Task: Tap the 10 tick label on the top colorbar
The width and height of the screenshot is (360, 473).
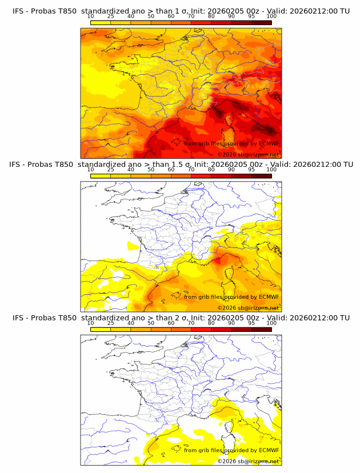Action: click(91, 17)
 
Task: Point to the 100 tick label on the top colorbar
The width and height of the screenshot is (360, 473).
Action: click(271, 17)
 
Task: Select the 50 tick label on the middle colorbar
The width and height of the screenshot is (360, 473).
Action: click(151, 170)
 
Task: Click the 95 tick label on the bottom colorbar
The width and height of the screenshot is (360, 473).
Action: click(251, 323)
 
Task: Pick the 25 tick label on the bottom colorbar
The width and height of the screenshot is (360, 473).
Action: click(110, 323)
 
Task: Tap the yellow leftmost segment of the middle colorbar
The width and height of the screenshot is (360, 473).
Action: click(101, 176)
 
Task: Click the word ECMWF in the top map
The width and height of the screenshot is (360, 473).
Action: click(269, 143)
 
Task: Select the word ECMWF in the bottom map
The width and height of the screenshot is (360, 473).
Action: click(269, 450)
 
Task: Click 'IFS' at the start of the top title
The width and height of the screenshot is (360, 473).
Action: click(19, 11)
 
